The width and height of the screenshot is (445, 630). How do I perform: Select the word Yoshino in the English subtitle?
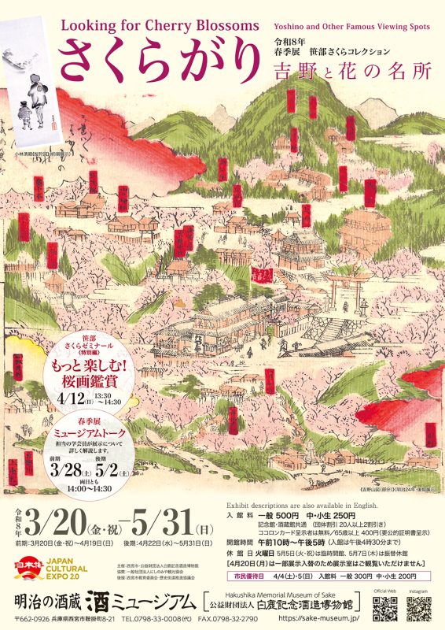coord(294,26)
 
